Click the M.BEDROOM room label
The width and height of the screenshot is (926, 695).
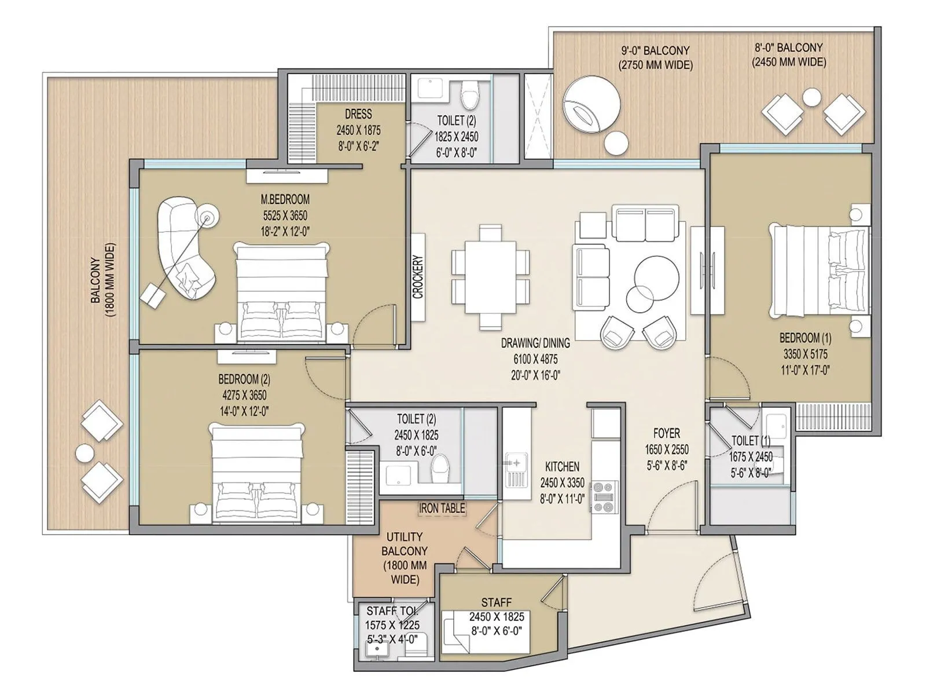coord(285,199)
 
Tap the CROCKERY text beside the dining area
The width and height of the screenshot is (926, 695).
coord(418,277)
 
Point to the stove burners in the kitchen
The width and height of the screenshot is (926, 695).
coord(604,496)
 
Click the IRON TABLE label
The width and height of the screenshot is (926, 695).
coord(442,509)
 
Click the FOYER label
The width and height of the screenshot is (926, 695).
coord(666,433)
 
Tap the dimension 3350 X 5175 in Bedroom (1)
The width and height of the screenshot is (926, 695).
coord(806,354)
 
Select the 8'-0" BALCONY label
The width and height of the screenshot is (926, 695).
coord(788,47)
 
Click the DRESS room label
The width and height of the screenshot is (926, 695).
coord(358,114)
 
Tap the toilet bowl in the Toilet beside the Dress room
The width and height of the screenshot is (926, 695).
coord(470,94)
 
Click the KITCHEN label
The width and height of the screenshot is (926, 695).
coord(562,467)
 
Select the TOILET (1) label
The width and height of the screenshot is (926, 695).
coord(751,441)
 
